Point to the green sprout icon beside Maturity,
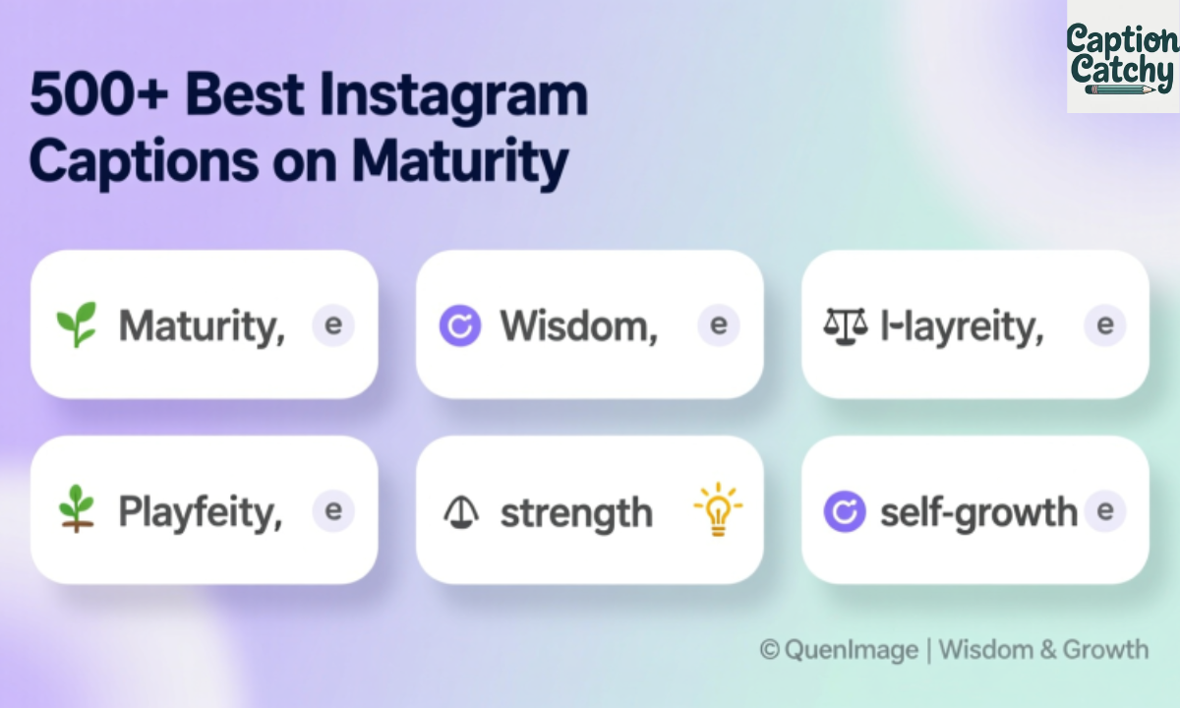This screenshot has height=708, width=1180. click(77, 324)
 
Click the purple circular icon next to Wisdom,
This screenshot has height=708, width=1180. click(460, 325)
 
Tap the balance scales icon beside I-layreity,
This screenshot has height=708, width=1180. click(845, 325)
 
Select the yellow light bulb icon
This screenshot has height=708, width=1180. click(718, 509)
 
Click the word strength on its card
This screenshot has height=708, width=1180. click(576, 513)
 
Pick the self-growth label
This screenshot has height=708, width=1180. click(977, 512)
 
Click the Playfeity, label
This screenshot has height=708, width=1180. click(201, 512)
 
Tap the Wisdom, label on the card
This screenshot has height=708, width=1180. click(578, 325)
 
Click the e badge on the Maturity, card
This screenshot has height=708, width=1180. click(332, 324)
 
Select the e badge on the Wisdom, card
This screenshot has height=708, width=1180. click(718, 324)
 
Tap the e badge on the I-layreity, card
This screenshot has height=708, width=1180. click(1104, 324)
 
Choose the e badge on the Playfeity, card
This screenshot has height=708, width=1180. click(332, 510)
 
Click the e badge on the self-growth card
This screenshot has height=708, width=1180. click(1104, 510)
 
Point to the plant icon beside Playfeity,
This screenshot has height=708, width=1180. click(77, 509)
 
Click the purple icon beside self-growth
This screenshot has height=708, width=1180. click(845, 512)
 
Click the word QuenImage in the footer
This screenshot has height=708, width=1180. click(852, 650)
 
